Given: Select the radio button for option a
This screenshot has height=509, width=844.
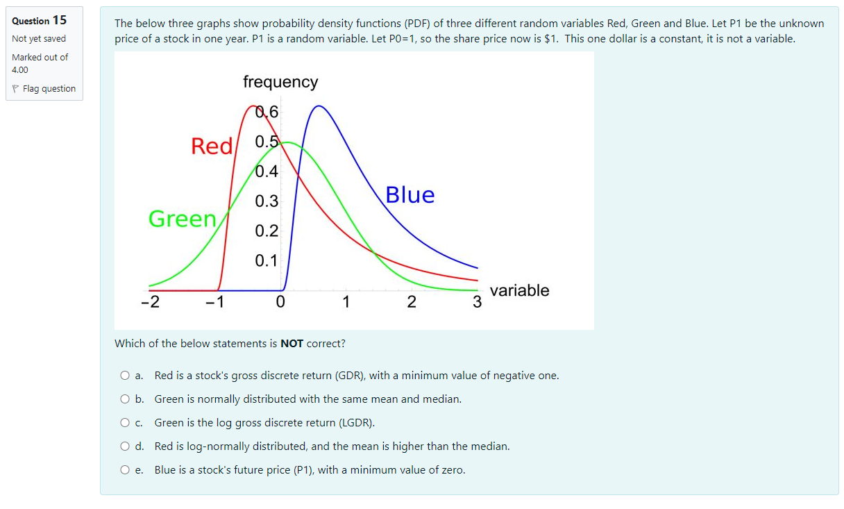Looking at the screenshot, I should pos(125,376).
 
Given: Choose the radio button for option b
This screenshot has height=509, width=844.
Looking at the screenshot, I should pos(125,399).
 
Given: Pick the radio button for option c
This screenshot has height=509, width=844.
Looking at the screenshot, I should pos(125,423).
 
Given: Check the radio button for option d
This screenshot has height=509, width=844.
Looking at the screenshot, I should pos(125,447).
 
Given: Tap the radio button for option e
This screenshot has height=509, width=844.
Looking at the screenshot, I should pos(125,470).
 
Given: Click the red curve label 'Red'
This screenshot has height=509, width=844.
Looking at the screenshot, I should pos(212,147).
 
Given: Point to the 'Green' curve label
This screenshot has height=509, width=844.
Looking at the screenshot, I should pos(183,219).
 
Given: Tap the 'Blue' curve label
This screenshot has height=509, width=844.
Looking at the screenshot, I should pos(410,195).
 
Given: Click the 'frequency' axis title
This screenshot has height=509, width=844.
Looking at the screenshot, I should pos(280,82).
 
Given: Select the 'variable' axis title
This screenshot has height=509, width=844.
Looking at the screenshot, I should pos(519,291).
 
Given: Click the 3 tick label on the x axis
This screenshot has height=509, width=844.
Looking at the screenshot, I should pos(477,303).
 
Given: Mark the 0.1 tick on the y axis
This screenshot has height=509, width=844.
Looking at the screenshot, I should pos(266,261).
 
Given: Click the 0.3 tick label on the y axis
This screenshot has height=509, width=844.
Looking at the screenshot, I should pos(266,202).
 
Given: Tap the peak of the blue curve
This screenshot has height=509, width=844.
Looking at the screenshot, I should pos(319,106).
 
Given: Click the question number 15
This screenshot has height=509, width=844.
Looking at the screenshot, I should pos(60,20).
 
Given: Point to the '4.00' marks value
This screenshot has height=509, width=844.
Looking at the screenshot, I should pos(20,69).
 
